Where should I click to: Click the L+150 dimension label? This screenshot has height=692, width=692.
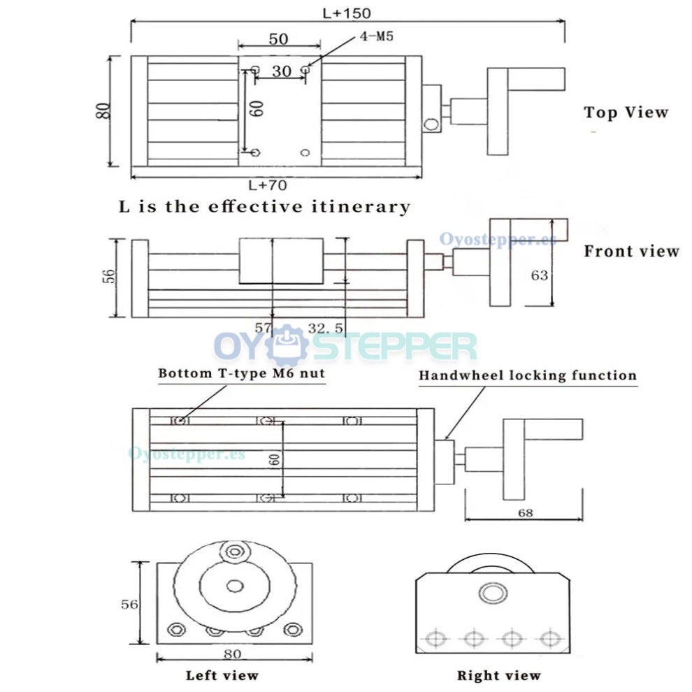(347, 13)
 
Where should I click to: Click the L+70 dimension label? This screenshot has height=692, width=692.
(268, 185)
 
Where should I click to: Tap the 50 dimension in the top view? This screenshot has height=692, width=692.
(279, 39)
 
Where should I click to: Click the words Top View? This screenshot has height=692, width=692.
(626, 113)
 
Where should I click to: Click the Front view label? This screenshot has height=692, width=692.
(631, 251)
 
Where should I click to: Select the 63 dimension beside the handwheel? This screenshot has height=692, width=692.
(539, 275)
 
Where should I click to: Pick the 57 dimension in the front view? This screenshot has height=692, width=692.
(262, 327)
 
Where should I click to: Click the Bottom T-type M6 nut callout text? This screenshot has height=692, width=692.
(241, 373)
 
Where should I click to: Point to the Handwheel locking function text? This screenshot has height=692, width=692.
(528, 375)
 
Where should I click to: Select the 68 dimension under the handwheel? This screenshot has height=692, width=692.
(525, 512)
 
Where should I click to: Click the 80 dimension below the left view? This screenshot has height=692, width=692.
(233, 654)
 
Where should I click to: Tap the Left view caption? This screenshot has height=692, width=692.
(222, 675)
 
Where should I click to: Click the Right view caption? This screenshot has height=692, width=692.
(498, 675)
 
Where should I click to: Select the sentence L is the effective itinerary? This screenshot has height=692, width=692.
(264, 207)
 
